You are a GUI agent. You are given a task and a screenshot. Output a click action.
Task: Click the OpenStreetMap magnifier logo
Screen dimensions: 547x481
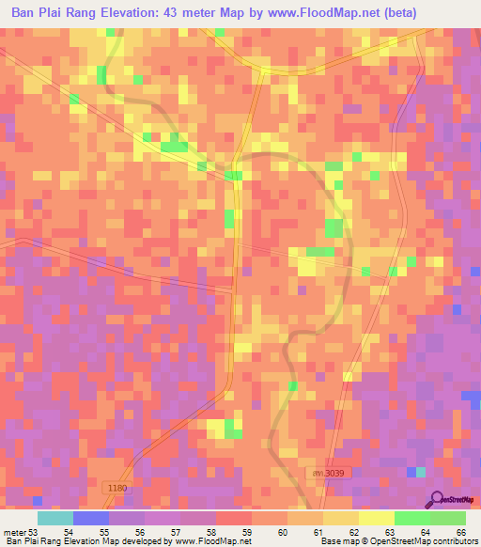[x=437, y=498]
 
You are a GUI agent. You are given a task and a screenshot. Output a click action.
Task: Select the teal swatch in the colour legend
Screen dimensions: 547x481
[x=55, y=518]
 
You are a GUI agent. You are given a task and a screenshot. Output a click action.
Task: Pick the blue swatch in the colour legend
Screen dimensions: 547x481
[x=91, y=518]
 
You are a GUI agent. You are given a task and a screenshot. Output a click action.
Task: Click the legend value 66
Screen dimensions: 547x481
[x=461, y=533]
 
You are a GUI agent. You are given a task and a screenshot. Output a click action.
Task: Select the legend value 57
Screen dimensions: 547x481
[x=175, y=533]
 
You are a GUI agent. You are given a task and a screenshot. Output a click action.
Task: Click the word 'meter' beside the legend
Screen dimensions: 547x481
[x=15, y=533]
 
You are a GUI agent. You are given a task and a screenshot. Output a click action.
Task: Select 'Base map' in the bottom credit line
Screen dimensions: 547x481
[x=338, y=542]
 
